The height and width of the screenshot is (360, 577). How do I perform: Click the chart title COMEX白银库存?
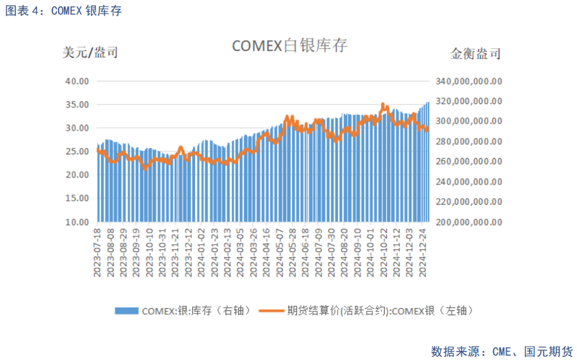289,46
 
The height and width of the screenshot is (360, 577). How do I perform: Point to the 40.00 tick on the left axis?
77,81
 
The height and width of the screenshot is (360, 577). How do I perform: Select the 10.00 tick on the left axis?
77,222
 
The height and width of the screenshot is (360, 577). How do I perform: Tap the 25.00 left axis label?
77,152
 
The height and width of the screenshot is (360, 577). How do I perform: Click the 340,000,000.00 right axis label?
469,81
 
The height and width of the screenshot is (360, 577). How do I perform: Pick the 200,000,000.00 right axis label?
469,222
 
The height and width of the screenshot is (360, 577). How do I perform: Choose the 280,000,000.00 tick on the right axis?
469,142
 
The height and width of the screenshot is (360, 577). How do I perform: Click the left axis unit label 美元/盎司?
90,52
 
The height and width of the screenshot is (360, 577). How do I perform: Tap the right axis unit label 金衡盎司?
475,54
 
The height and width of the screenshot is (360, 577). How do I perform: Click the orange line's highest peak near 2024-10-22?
383,104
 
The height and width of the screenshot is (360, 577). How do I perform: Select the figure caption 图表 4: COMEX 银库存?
64,11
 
